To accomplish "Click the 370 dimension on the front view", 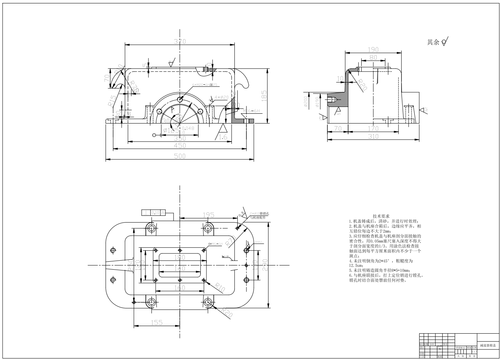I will [x=180, y=41].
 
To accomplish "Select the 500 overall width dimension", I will [x=180, y=156].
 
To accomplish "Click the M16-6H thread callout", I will [x=252, y=111].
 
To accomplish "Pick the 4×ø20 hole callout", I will [x=220, y=97].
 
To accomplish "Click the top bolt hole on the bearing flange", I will [x=180, y=99].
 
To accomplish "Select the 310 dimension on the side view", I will [x=373, y=136].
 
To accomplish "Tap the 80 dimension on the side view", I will [x=373, y=57].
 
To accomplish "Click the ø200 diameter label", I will [x=305, y=101].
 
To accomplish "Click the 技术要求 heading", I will [x=381, y=216].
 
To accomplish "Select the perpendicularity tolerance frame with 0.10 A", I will [x=153, y=212].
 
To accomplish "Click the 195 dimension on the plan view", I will [x=208, y=215].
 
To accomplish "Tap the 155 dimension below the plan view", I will [x=156, y=322].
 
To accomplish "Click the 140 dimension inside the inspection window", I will [x=180, y=269].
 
